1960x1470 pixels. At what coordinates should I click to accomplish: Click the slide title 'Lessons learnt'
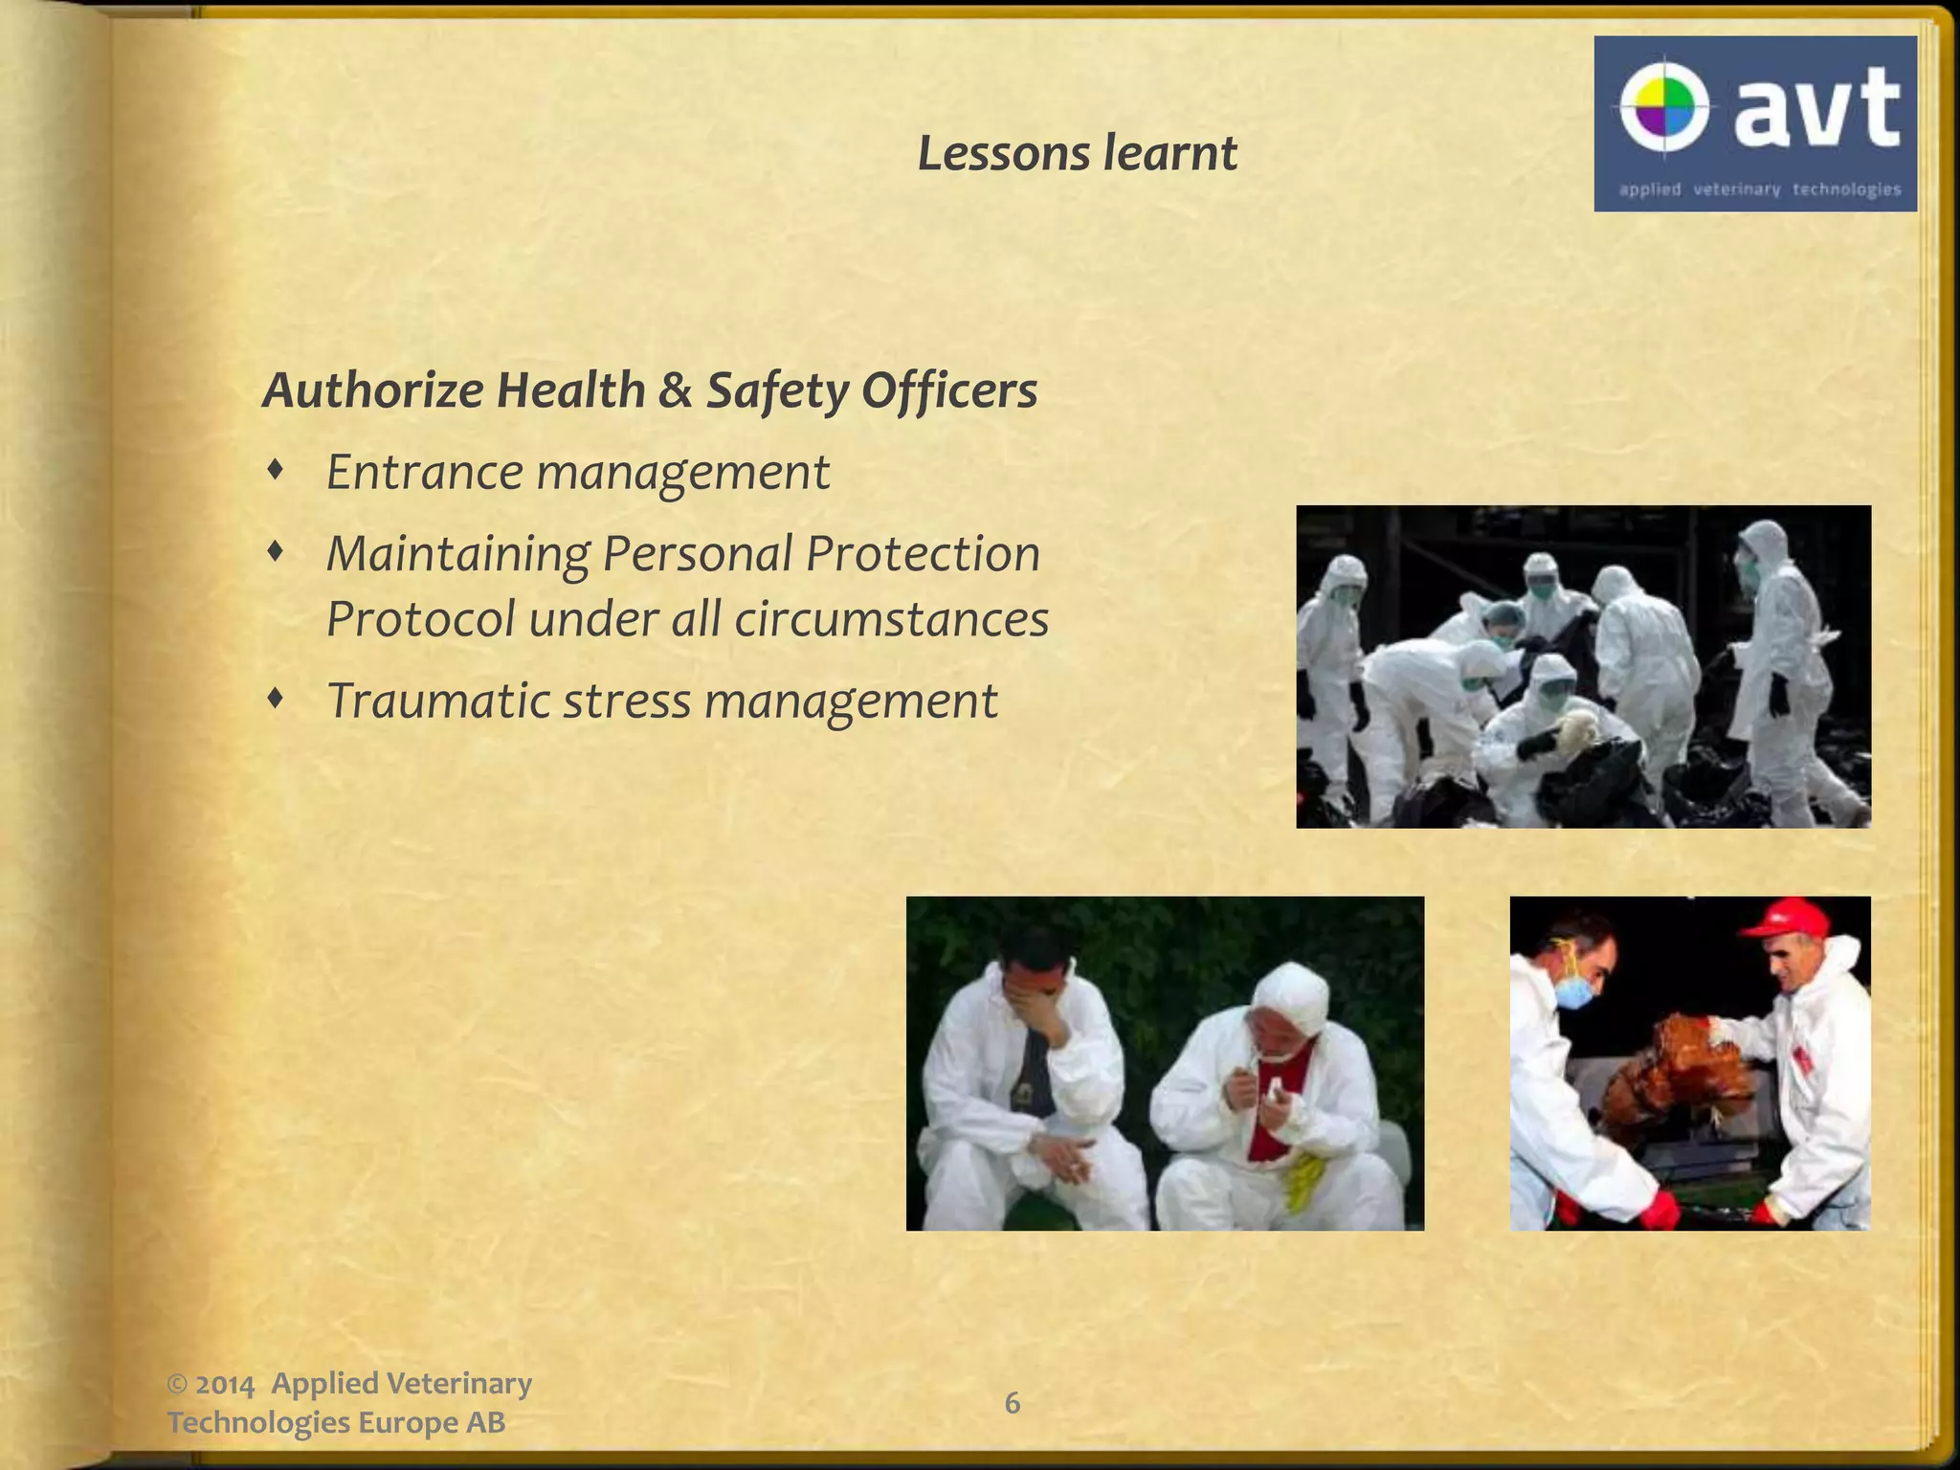point(1077,153)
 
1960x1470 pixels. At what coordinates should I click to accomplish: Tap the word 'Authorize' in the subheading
point(372,390)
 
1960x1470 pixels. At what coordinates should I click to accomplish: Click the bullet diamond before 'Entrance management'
point(276,470)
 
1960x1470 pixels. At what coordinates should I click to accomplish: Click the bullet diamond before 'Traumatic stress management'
point(276,699)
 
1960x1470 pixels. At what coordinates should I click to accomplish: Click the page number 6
point(1012,1403)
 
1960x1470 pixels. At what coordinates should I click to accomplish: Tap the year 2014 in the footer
point(226,1385)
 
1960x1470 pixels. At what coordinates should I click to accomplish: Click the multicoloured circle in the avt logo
point(1664,106)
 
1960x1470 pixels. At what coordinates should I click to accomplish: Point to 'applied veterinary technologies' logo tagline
point(1759,189)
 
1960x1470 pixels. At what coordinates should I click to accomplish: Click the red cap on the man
point(1786,917)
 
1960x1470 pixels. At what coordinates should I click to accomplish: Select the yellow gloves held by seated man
point(1303,1183)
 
